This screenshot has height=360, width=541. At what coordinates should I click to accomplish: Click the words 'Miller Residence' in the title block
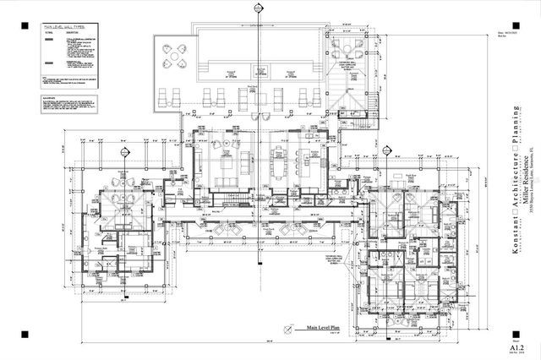[x=525, y=176]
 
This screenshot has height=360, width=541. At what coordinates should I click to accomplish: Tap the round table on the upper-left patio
[x=172, y=58]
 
